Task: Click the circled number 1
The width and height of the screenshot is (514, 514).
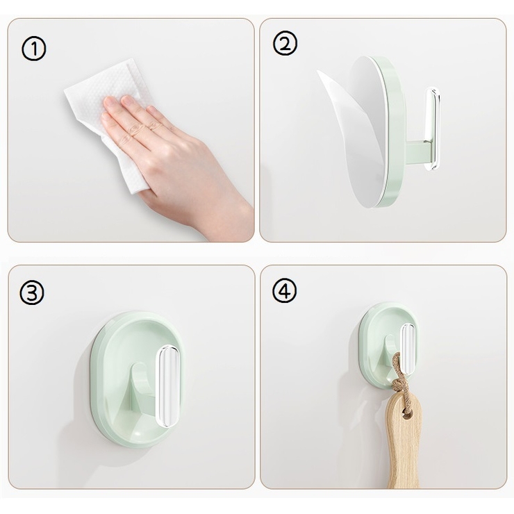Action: coord(34,49)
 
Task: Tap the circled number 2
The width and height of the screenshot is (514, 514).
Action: coord(285,43)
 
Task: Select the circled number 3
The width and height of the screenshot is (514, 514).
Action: coord(31,292)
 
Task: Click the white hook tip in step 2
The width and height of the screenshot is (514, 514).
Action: coord(432,128)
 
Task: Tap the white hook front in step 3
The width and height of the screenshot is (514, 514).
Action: coord(168,386)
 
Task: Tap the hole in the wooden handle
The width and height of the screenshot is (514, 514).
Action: coord(407,416)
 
